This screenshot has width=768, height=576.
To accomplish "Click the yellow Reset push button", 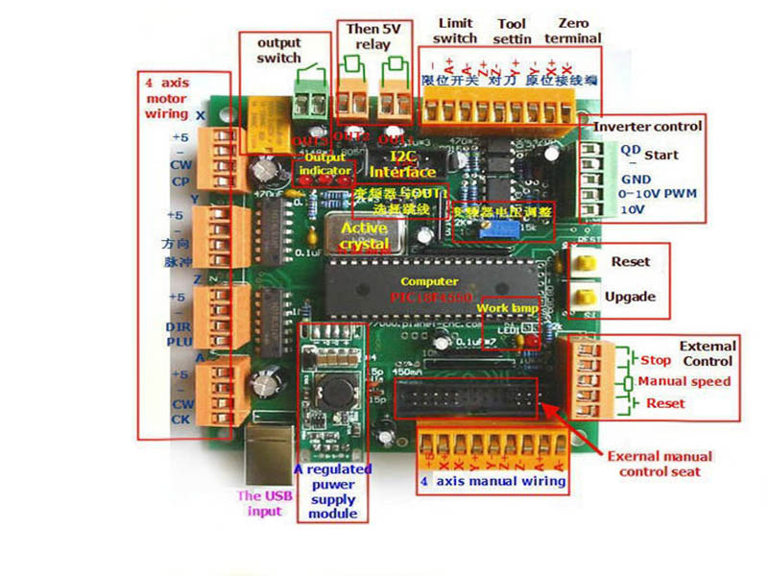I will click(582, 261).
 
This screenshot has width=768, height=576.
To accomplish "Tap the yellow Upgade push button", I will click(582, 297).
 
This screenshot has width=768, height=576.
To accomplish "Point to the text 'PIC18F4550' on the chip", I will click(431, 298).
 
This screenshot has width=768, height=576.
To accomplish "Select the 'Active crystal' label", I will click(365, 236).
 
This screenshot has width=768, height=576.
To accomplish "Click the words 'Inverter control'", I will click(648, 127).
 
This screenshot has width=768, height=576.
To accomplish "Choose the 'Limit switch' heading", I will click(455, 30).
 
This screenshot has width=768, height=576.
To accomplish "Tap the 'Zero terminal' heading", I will click(573, 30).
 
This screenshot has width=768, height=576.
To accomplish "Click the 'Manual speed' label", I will click(684, 381).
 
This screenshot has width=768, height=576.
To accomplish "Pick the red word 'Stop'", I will click(656, 360).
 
